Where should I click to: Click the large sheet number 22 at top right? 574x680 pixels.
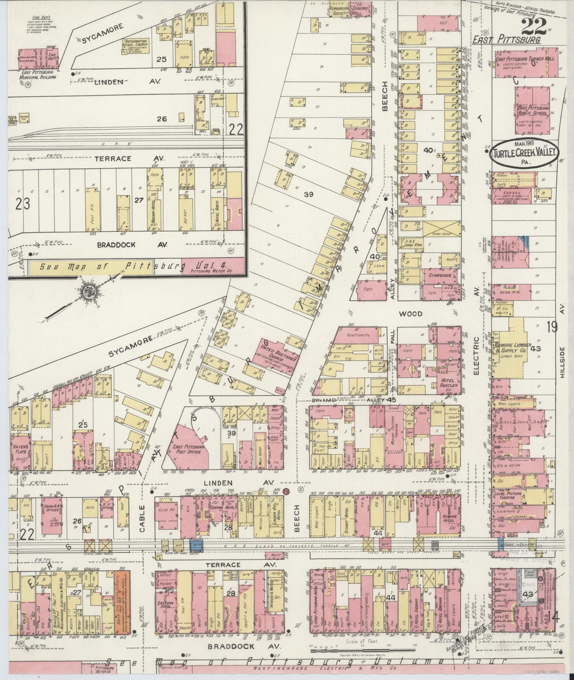pos(533,27)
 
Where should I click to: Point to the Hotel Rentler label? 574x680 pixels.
pos(448,382)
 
